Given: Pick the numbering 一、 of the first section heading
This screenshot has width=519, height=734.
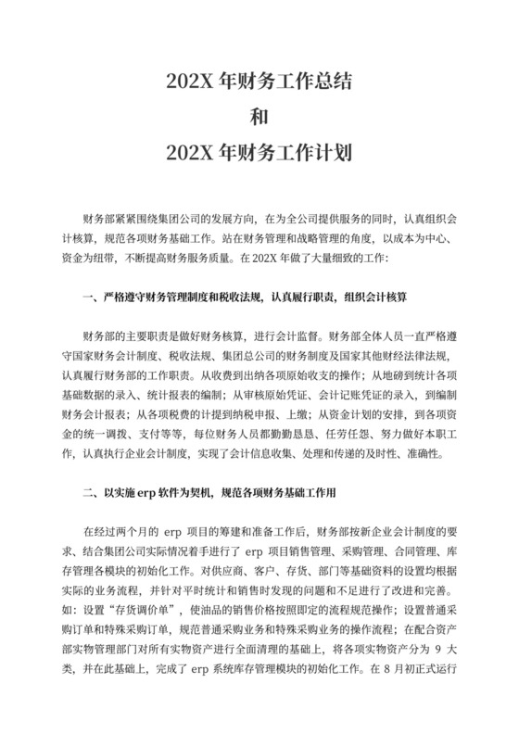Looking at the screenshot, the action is click(x=91, y=298).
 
